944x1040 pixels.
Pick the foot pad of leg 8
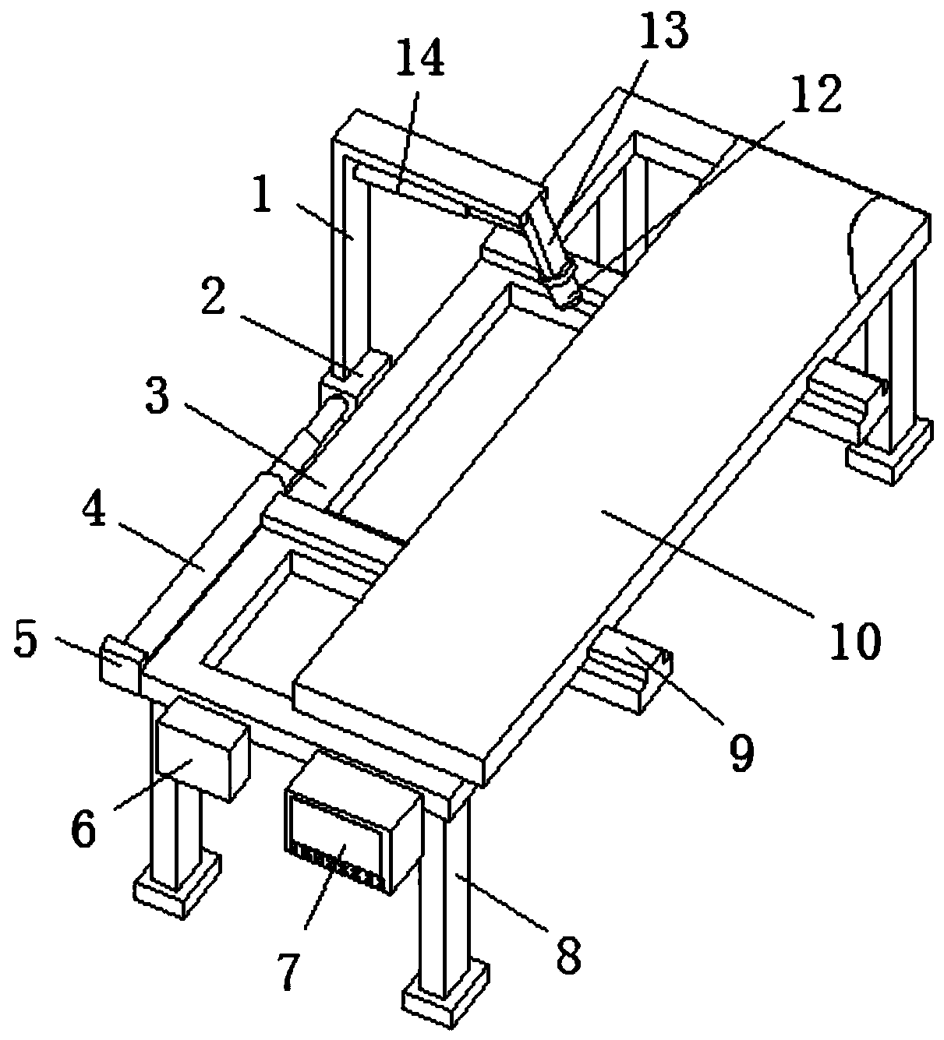coord(445,1001)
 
